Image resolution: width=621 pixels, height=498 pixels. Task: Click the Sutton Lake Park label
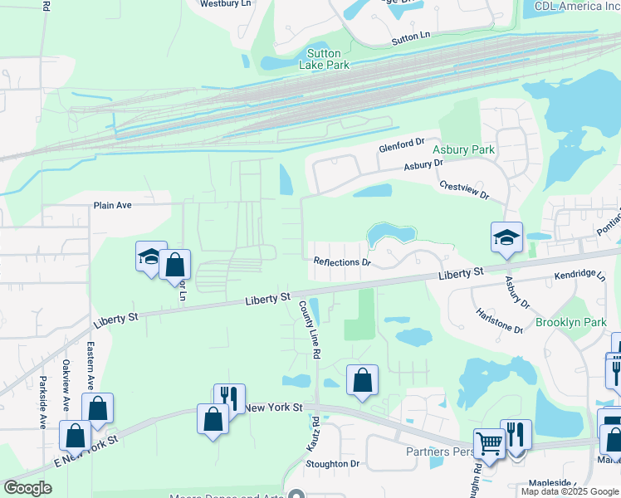[323, 59]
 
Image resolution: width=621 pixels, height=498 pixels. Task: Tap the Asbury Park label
[463, 150]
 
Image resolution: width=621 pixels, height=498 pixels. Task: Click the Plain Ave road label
[113, 205]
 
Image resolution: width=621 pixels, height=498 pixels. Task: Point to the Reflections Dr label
[341, 261]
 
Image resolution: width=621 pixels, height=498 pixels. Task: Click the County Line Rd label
[309, 329]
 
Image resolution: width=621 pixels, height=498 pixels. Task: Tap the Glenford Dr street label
[402, 145]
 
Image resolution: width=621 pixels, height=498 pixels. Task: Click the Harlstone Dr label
[499, 320]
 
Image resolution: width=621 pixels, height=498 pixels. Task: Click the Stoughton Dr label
[332, 464]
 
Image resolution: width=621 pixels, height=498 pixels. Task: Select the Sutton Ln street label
[412, 37]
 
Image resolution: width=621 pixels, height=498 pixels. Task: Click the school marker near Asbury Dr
[506, 238]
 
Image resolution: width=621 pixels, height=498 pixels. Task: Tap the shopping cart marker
[489, 444]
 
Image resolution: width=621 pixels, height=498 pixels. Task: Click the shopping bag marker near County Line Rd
[362, 381]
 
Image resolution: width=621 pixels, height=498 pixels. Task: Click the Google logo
[27, 488]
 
